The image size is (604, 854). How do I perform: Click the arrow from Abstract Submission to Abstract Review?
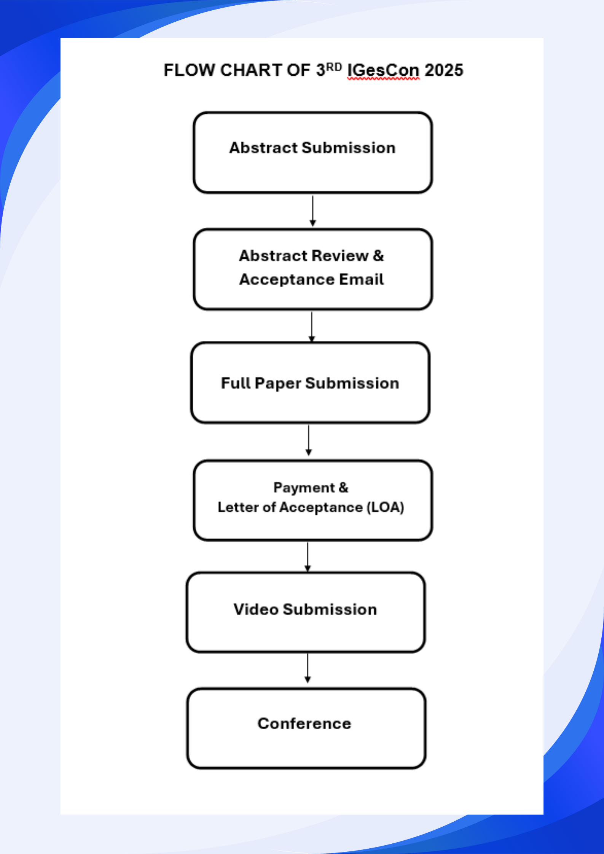pos(313,211)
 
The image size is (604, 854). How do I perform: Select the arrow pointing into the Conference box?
pos(308,668)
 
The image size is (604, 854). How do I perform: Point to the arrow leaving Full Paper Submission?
pos(309,441)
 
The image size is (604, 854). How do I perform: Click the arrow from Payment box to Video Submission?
pos(308,557)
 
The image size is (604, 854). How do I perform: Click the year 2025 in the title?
pos(444,70)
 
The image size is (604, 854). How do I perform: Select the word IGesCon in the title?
pos(383,71)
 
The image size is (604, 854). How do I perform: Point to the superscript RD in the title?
pos(334,67)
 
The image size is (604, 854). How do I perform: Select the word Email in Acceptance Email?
pos(361,279)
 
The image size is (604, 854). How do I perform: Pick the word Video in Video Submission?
pos(256,609)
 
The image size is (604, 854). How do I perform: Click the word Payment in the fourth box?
pos(304,488)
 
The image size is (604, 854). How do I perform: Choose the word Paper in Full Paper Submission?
pos(277,383)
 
